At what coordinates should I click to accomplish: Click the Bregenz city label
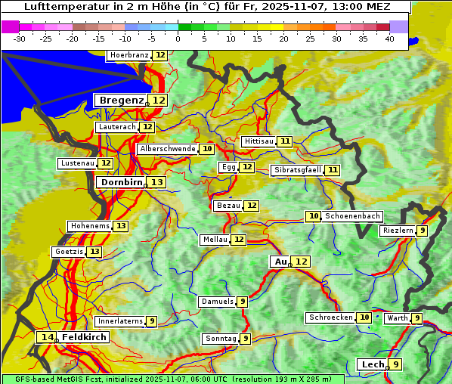click(x=121, y=100)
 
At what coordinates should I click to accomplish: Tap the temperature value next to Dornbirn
click(x=156, y=182)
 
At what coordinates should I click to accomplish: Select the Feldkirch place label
click(x=84, y=337)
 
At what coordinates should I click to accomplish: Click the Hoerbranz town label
click(x=128, y=55)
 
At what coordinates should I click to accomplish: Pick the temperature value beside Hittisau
click(x=285, y=141)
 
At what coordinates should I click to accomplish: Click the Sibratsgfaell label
click(x=297, y=170)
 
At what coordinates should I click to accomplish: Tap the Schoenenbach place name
click(x=353, y=216)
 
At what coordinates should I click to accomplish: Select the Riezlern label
click(x=398, y=231)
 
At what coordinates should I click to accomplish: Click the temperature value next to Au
click(x=301, y=262)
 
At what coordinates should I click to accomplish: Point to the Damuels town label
click(x=217, y=302)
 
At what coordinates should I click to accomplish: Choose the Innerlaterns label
click(x=120, y=321)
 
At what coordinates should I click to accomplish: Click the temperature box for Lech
click(x=395, y=364)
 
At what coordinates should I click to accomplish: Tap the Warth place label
click(x=397, y=318)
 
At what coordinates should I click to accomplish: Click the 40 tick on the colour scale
click(x=389, y=39)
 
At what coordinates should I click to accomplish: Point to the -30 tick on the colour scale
click(x=20, y=39)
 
